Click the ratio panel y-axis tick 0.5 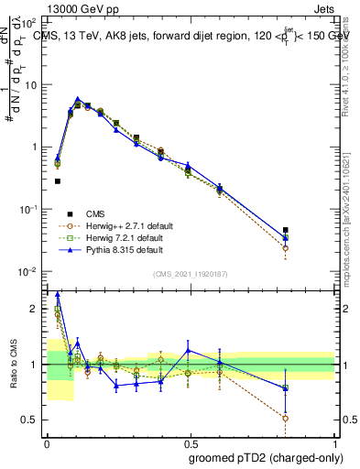coord(31,420)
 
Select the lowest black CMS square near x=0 coord(58,181)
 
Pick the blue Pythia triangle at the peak coord(78,99)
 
